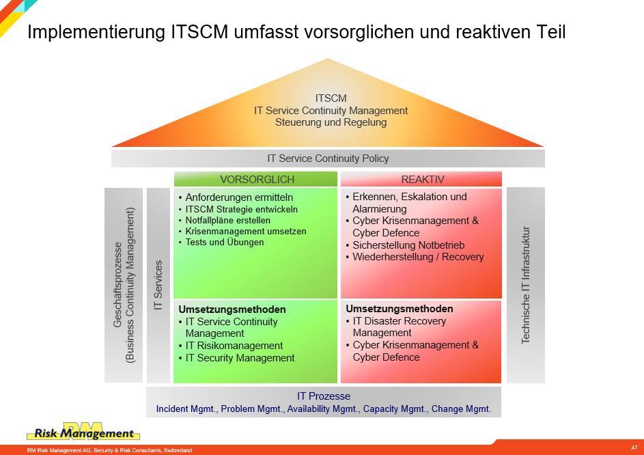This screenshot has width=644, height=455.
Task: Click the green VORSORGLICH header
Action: click(255, 179)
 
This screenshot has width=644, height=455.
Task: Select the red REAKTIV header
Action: click(421, 179)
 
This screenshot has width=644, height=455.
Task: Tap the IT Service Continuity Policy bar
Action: click(328, 158)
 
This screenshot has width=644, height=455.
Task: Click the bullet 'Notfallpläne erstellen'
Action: click(228, 220)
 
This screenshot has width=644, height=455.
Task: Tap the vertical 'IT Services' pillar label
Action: click(158, 286)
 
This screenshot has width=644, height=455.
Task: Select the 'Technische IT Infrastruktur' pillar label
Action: click(526, 285)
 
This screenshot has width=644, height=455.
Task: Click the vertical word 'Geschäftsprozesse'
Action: click(117, 284)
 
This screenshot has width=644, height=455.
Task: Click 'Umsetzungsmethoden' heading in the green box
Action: click(232, 309)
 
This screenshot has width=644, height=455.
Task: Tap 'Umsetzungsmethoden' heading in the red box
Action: click(400, 309)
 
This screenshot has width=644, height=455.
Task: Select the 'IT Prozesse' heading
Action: click(324, 396)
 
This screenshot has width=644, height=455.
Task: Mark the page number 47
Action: click(634, 447)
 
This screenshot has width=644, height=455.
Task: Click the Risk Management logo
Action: click(83, 432)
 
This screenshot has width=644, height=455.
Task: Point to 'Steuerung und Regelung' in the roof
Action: click(331, 122)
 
